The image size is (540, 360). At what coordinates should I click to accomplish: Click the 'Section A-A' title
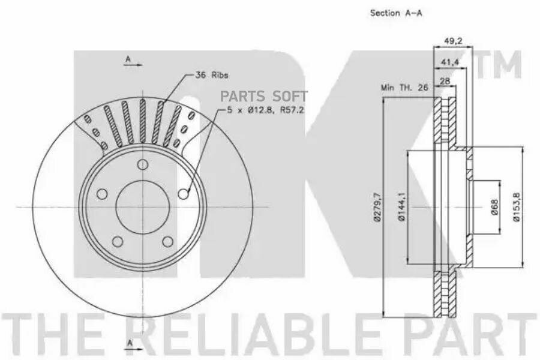[396, 13]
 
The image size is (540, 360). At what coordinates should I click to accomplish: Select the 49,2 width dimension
[453, 41]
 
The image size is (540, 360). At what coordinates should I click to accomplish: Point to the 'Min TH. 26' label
[404, 88]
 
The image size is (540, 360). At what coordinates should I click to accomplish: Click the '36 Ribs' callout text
[211, 75]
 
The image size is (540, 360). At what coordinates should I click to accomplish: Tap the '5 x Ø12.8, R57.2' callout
[265, 110]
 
